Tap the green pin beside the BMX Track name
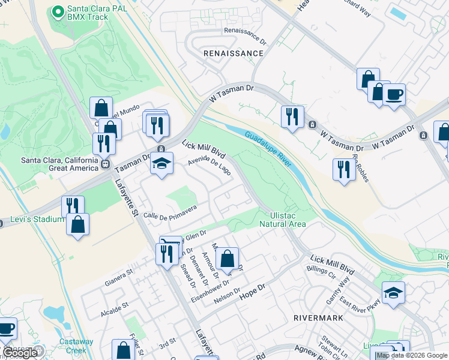(x=58, y=12)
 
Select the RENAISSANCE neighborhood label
(x=234, y=53)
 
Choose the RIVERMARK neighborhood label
(x=318, y=317)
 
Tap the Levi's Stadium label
(x=37, y=219)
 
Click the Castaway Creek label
(x=76, y=346)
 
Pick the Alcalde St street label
(x=115, y=306)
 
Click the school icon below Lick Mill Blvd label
(x=161, y=163)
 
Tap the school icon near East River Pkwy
(x=393, y=293)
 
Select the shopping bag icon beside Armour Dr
(x=227, y=259)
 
